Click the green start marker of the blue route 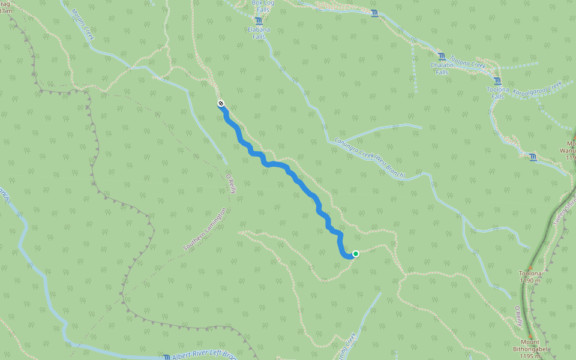(x=355, y=254)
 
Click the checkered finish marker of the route (x=221, y=104)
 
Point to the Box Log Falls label (x=262, y=6)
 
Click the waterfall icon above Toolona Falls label (x=497, y=81)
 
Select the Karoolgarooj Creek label (x=537, y=88)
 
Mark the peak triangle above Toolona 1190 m (x=530, y=267)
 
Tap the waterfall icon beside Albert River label (x=167, y=356)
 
